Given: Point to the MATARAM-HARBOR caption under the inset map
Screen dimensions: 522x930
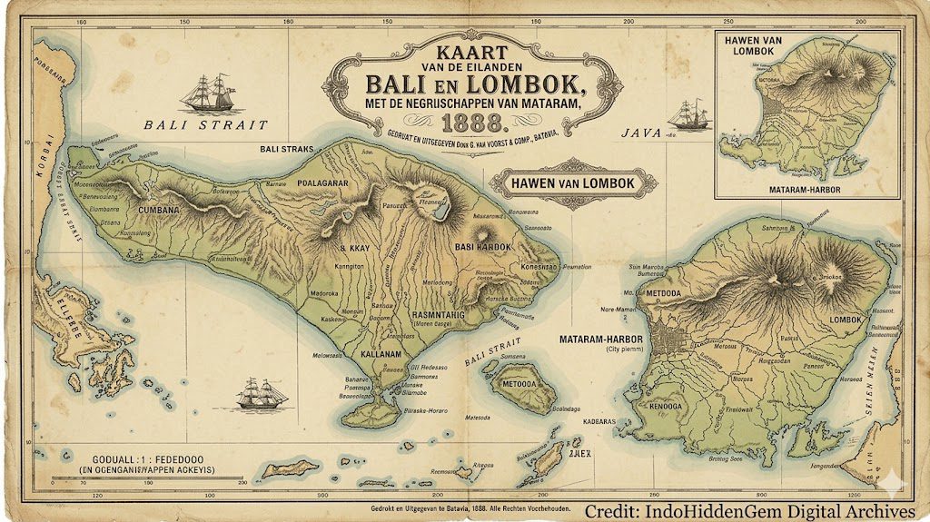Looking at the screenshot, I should pos(803,190).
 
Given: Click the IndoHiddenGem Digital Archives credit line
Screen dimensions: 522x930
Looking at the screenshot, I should pos(750,511).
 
